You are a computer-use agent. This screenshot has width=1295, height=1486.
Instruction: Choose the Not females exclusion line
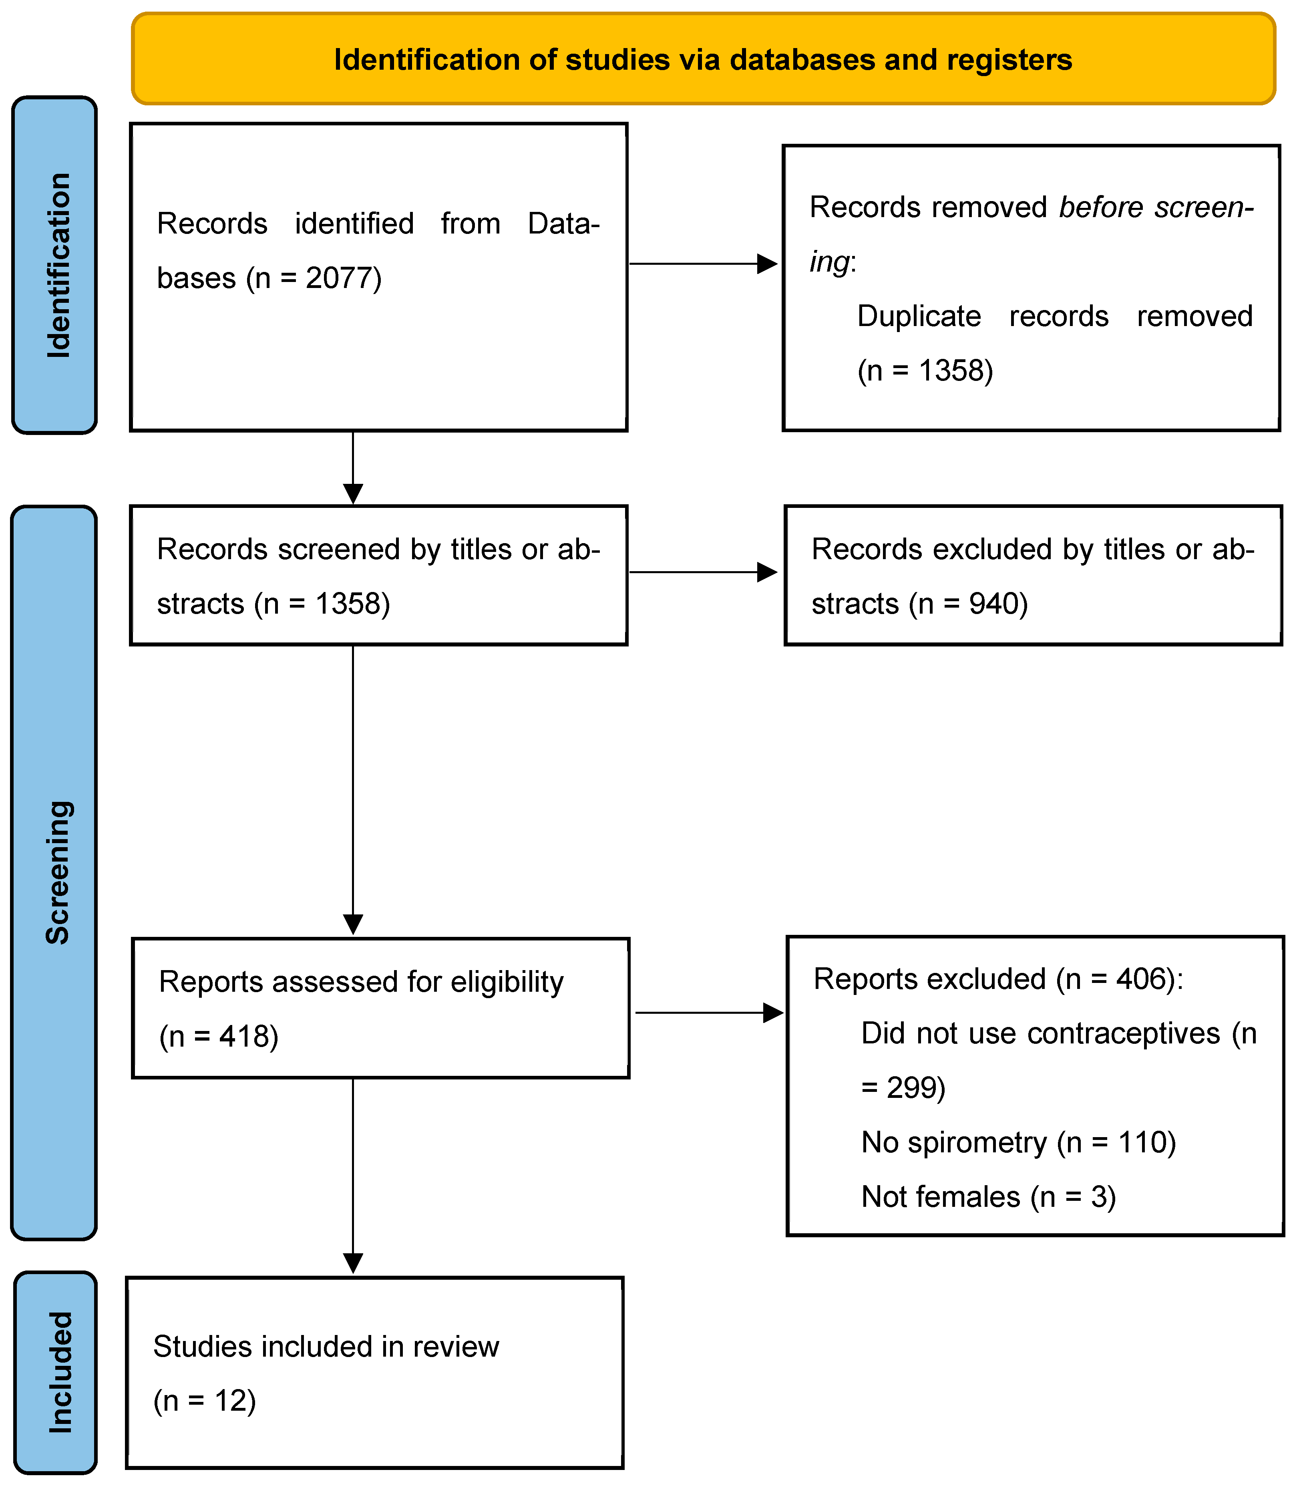click(988, 1197)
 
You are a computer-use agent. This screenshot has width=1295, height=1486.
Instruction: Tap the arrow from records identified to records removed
click(702, 264)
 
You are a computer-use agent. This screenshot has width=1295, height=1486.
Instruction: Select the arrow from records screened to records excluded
click(702, 572)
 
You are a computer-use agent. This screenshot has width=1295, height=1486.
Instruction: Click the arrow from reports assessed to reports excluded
click(708, 1013)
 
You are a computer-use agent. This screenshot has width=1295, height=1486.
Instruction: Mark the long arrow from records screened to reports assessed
click(353, 788)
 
